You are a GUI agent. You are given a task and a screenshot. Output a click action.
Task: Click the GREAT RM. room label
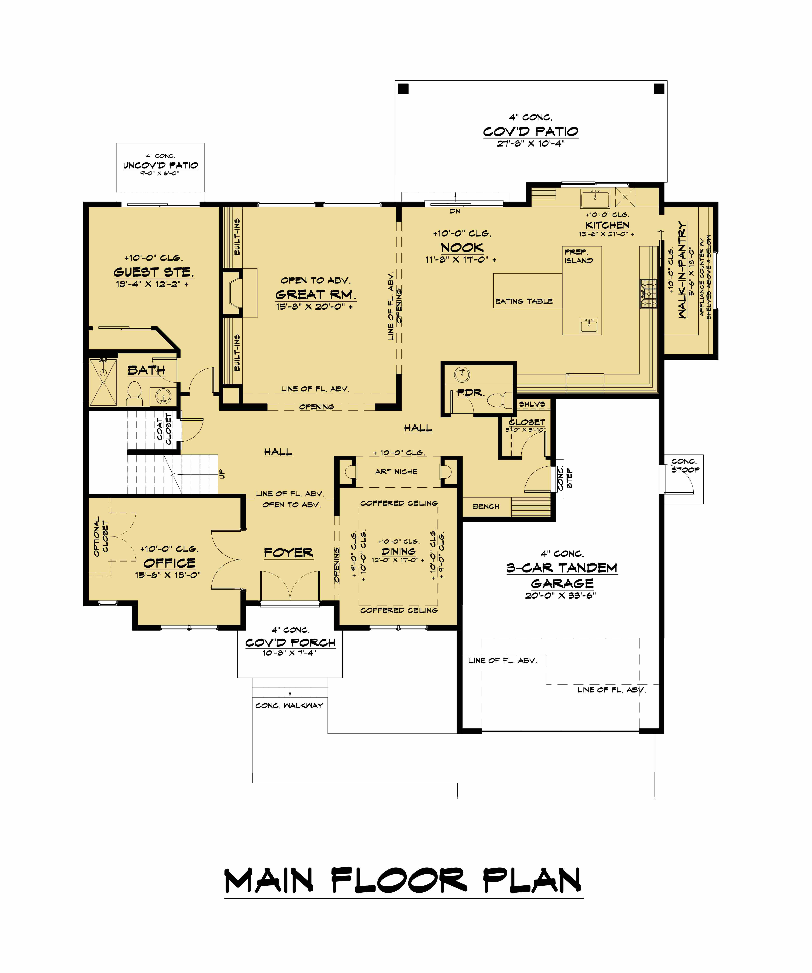point(315,295)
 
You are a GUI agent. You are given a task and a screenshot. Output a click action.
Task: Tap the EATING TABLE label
point(524,301)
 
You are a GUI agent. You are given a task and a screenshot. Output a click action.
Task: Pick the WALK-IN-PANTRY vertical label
point(682,270)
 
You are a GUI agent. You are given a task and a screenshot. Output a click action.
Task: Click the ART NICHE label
point(396,472)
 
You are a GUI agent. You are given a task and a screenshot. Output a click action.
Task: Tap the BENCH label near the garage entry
point(486,506)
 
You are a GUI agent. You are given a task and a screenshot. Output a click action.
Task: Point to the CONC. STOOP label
point(685,465)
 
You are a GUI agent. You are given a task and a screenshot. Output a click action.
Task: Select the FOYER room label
point(288,553)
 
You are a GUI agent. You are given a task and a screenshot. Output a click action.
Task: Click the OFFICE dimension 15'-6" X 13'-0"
point(168,575)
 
